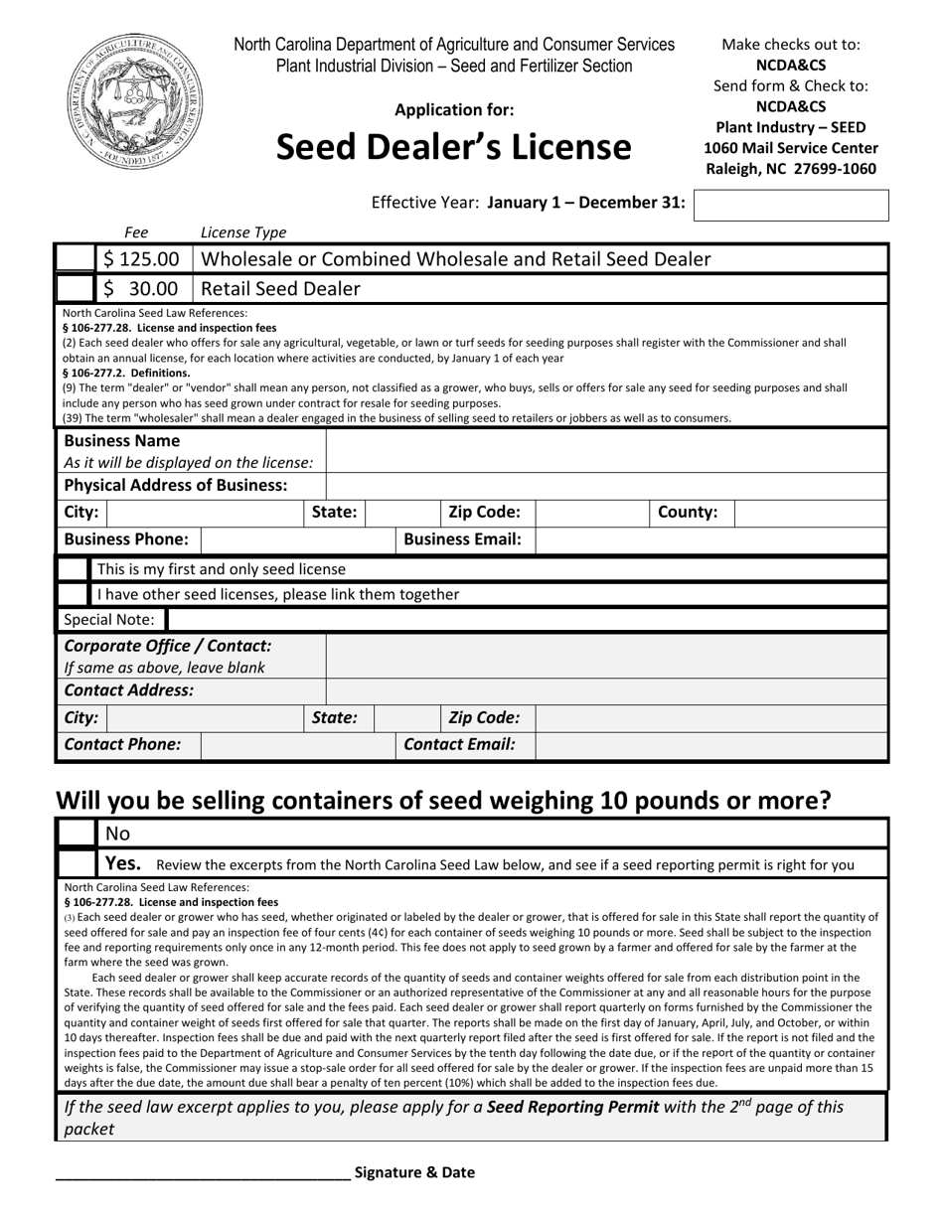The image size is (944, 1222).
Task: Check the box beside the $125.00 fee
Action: pos(76,259)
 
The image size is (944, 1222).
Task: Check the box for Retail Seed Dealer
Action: pos(76,289)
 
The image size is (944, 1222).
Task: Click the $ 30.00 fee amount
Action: pos(142,289)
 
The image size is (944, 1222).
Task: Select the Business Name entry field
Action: pos(606,451)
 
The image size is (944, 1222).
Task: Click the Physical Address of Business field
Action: pos(606,486)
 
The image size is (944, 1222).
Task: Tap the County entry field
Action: pos(811,513)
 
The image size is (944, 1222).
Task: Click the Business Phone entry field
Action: pos(298,539)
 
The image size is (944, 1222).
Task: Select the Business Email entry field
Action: pos(710,539)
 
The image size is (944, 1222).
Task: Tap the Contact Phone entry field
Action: pos(298,745)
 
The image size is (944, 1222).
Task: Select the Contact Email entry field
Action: pos(710,745)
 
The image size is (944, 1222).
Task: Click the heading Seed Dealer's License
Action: pos(453,147)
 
